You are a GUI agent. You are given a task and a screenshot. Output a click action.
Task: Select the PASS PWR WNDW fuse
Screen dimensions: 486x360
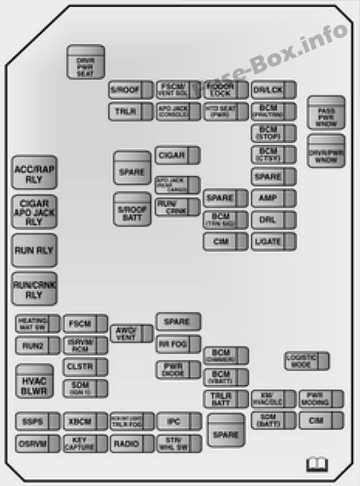click(326, 112)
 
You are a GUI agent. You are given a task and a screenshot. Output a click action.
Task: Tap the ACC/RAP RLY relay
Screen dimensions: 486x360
click(34, 173)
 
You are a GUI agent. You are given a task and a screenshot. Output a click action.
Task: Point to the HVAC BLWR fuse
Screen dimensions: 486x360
click(34, 381)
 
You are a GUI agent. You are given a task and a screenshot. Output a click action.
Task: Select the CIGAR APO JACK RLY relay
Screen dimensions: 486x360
click(34, 212)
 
